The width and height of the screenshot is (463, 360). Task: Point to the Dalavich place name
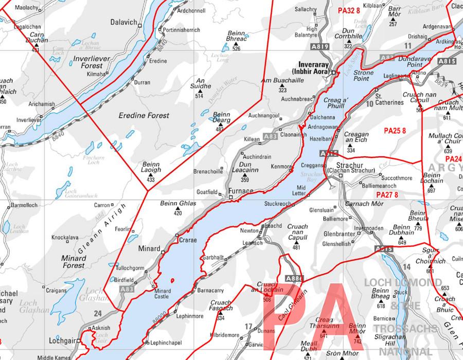pos(123,22)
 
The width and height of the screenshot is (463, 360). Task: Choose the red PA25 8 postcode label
pos(395,131)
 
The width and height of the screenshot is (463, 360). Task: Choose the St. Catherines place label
pos(389,99)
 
